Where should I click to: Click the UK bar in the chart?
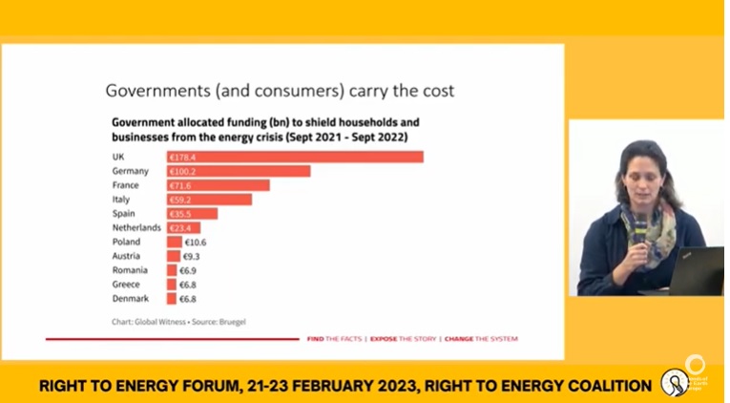295,157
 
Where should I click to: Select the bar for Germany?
239,171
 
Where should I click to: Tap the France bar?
219,185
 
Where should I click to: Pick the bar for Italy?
209,200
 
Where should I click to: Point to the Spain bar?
192,214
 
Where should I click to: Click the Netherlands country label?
136,228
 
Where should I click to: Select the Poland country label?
126,243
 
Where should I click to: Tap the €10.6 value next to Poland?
195,243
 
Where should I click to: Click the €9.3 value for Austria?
191,257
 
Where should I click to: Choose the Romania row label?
130,270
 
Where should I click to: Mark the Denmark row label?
131,299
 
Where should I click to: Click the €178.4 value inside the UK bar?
183,157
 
